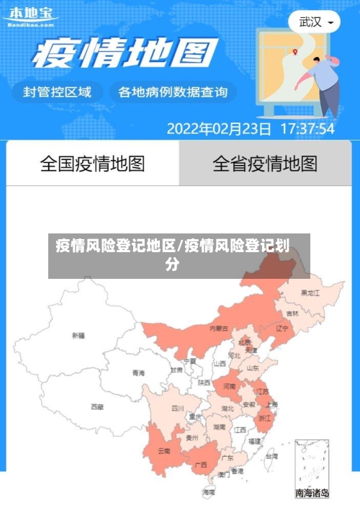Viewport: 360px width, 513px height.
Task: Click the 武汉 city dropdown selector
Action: [x=315, y=22]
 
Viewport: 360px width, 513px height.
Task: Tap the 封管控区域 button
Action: [x=58, y=92]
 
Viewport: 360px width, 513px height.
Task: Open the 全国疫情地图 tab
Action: [x=92, y=164]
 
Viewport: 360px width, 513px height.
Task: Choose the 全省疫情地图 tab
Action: [x=265, y=164]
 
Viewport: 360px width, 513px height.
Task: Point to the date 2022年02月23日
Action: [x=219, y=129]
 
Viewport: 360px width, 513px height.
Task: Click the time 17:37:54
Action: [x=307, y=129]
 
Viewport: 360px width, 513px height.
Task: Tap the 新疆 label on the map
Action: [x=78, y=336]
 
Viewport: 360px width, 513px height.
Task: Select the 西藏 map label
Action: [x=97, y=407]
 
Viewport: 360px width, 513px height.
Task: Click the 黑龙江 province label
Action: [x=310, y=293]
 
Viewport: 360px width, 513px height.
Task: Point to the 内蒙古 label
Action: [x=219, y=329]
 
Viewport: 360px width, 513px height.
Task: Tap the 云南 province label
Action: [x=163, y=452]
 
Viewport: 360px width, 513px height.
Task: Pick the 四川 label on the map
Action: [x=178, y=408]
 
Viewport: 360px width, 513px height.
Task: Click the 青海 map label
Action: [x=138, y=373]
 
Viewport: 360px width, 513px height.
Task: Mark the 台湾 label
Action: [x=271, y=456]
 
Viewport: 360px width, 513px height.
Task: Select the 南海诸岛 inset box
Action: [x=312, y=468]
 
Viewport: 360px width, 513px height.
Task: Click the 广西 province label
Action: [x=202, y=465]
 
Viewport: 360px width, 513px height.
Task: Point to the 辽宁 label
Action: [x=282, y=328]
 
